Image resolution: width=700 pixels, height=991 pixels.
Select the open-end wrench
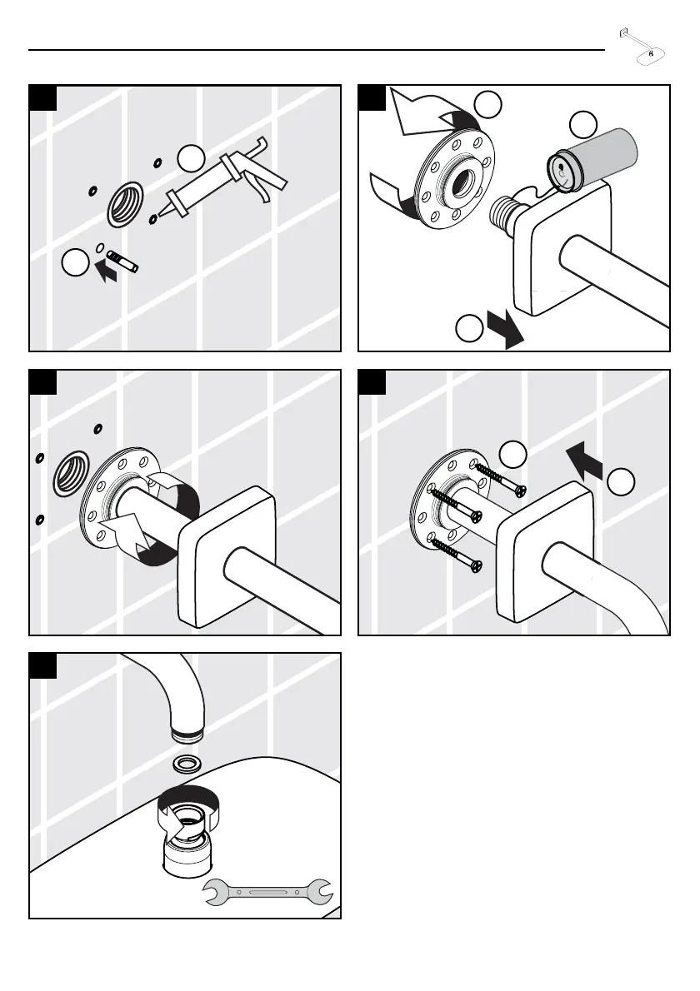point(268,892)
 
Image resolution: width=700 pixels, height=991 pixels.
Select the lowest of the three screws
point(456,555)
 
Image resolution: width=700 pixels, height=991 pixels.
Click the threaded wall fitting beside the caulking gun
point(125,207)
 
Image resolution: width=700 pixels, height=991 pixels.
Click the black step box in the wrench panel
point(43,665)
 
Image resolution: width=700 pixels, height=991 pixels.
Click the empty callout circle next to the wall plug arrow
point(73,264)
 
